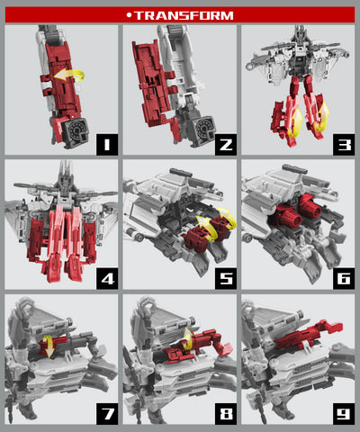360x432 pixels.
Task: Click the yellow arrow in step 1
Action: [64, 77]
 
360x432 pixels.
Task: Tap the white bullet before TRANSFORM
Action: [130, 15]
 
